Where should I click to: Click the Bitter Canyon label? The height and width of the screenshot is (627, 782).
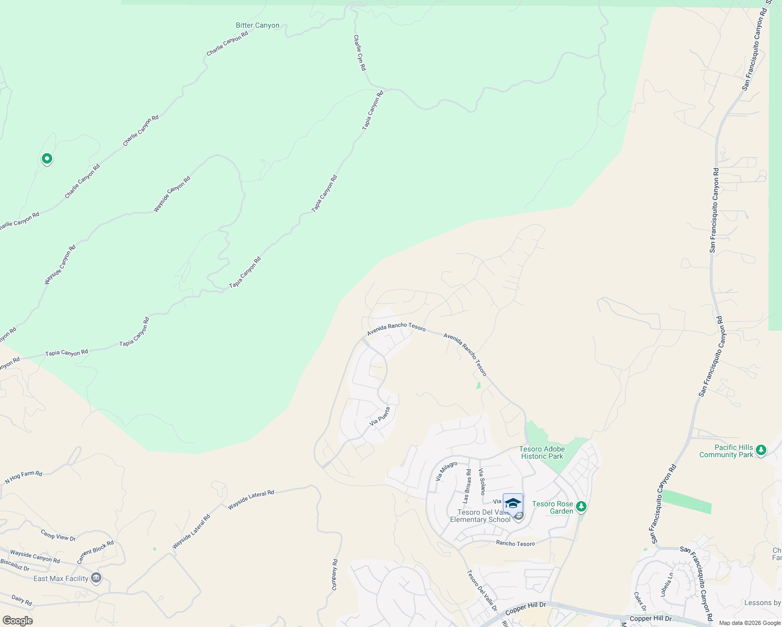pyautogui.click(x=257, y=25)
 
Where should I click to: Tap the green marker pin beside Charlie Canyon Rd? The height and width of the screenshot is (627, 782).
pyautogui.click(x=47, y=158)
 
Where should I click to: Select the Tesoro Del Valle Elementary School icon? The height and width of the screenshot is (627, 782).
pyautogui.click(x=513, y=504)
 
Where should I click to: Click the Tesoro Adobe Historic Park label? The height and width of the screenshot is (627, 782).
pyautogui.click(x=542, y=452)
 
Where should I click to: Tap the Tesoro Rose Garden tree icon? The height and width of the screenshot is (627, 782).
pyautogui.click(x=581, y=507)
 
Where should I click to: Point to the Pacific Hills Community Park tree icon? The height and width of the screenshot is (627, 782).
pyautogui.click(x=761, y=450)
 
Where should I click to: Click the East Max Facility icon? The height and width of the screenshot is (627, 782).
pyautogui.click(x=96, y=578)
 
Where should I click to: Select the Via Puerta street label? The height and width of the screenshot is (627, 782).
pyautogui.click(x=379, y=416)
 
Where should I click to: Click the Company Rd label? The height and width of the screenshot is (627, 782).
pyautogui.click(x=335, y=575)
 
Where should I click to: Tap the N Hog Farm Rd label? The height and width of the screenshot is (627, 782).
pyautogui.click(x=24, y=477)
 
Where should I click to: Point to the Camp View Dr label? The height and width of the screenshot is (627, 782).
pyautogui.click(x=58, y=535)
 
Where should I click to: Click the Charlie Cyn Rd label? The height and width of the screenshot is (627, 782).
pyautogui.click(x=360, y=53)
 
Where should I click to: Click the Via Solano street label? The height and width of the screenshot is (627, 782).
pyautogui.click(x=481, y=481)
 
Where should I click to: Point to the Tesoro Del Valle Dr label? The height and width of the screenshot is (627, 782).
pyautogui.click(x=481, y=590)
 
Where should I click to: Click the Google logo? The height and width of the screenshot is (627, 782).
pyautogui.click(x=17, y=621)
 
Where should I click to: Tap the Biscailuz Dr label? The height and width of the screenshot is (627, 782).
pyautogui.click(x=15, y=565)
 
